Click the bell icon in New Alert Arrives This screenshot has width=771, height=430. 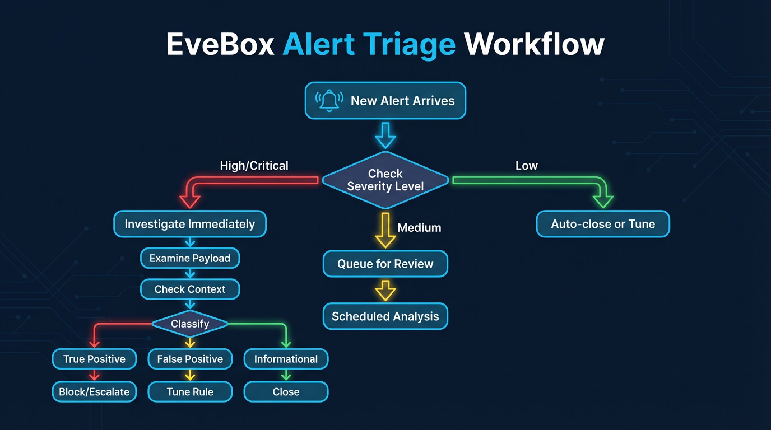click(329, 101)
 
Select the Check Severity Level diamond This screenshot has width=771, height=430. click(386, 180)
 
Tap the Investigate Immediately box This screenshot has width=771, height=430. click(190, 224)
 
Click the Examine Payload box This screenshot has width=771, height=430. click(190, 258)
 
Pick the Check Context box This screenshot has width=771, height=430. click(190, 289)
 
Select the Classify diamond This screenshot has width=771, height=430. click(190, 324)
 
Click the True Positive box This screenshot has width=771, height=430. click(94, 359)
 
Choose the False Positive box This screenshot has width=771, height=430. click(190, 359)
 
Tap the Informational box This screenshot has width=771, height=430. click(286, 359)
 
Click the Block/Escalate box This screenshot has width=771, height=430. click(94, 392)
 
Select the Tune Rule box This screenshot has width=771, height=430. click(190, 392)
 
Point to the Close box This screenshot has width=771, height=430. click(286, 392)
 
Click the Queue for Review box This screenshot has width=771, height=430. click(386, 264)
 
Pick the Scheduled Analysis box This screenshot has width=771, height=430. click(386, 316)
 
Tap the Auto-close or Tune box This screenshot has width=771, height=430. click(603, 224)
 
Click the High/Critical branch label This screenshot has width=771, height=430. click(254, 166)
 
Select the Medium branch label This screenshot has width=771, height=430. click(419, 228)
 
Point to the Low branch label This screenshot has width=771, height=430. click(526, 166)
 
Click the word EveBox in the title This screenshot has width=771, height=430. click(220, 44)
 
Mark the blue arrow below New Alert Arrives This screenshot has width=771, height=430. click(386, 135)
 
